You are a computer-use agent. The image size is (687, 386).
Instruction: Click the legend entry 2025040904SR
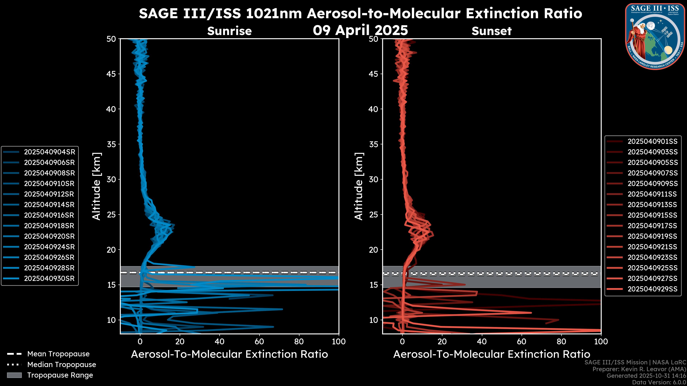click(x=49, y=152)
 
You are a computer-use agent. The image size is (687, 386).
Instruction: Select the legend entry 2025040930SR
click(x=49, y=278)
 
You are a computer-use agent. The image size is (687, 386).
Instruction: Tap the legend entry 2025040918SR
click(x=49, y=226)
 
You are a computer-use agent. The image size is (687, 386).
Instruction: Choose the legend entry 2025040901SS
click(x=652, y=141)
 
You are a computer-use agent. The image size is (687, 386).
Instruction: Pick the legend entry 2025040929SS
click(x=652, y=289)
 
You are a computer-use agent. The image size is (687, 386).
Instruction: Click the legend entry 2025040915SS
click(x=652, y=215)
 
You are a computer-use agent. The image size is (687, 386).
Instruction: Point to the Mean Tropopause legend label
click(x=58, y=354)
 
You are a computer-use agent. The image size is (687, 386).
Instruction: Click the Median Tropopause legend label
click(x=62, y=364)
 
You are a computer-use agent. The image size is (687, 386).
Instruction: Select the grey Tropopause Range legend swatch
click(x=14, y=375)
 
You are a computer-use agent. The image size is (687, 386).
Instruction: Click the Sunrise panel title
click(x=229, y=31)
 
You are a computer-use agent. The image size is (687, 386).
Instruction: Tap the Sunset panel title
click(x=491, y=31)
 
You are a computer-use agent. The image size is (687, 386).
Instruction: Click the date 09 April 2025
click(x=360, y=30)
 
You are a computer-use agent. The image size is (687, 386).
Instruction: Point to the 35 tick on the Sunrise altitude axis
click(x=111, y=144)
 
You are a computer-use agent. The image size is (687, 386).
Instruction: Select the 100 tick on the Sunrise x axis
click(x=338, y=342)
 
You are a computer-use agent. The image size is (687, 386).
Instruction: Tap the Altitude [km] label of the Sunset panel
click(x=359, y=186)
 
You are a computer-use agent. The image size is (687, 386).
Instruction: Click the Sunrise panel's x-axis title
click(x=229, y=354)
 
